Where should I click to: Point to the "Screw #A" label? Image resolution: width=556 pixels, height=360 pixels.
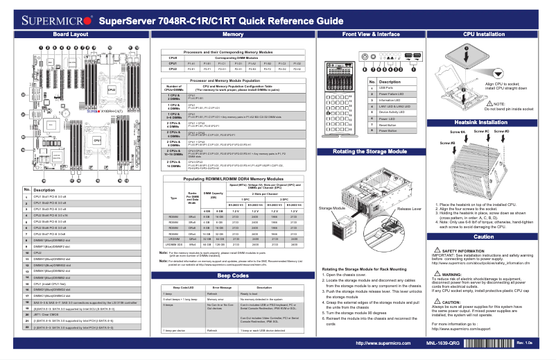[x=458, y=131]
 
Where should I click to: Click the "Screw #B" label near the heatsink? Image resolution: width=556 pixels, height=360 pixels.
[x=448, y=143]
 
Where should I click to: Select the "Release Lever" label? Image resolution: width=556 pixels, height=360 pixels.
[x=408, y=207]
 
